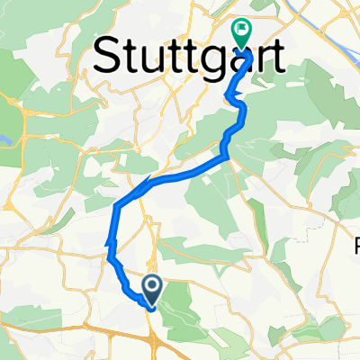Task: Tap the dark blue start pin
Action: [x=152, y=288]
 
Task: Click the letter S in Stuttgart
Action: [x=108, y=57]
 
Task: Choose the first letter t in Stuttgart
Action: [x=130, y=58]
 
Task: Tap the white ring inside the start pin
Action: [x=152, y=286]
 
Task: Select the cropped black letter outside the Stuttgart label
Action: [x=355, y=243]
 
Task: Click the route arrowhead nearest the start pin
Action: [x=112, y=240]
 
